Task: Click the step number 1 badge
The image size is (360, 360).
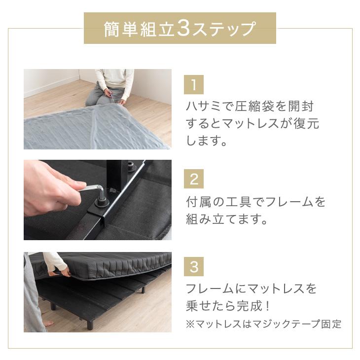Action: pos(194,85)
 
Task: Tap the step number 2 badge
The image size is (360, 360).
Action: pos(194,179)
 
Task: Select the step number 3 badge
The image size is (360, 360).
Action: pos(194,267)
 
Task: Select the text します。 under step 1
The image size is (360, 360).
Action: pos(206,141)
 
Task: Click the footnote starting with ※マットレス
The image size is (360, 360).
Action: pos(263,324)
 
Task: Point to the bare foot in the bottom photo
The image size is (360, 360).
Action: pos(47,324)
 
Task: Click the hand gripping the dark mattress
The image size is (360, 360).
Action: pos(62,269)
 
